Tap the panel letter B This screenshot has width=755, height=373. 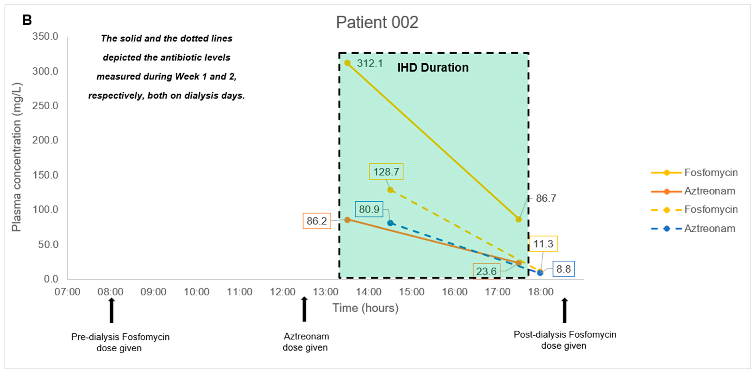pyautogui.click(x=27, y=20)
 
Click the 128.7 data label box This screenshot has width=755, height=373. pyautogui.click(x=386, y=172)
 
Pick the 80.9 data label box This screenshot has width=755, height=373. pyautogui.click(x=369, y=209)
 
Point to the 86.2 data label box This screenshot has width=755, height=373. pyautogui.click(x=317, y=221)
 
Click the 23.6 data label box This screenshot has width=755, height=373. pyautogui.click(x=486, y=271)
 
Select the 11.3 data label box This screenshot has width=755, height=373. pyautogui.click(x=543, y=244)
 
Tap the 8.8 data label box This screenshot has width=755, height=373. pyautogui.click(x=563, y=269)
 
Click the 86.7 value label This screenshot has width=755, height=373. pyautogui.click(x=546, y=198)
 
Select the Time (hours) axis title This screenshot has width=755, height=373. pyautogui.click(x=365, y=308)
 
